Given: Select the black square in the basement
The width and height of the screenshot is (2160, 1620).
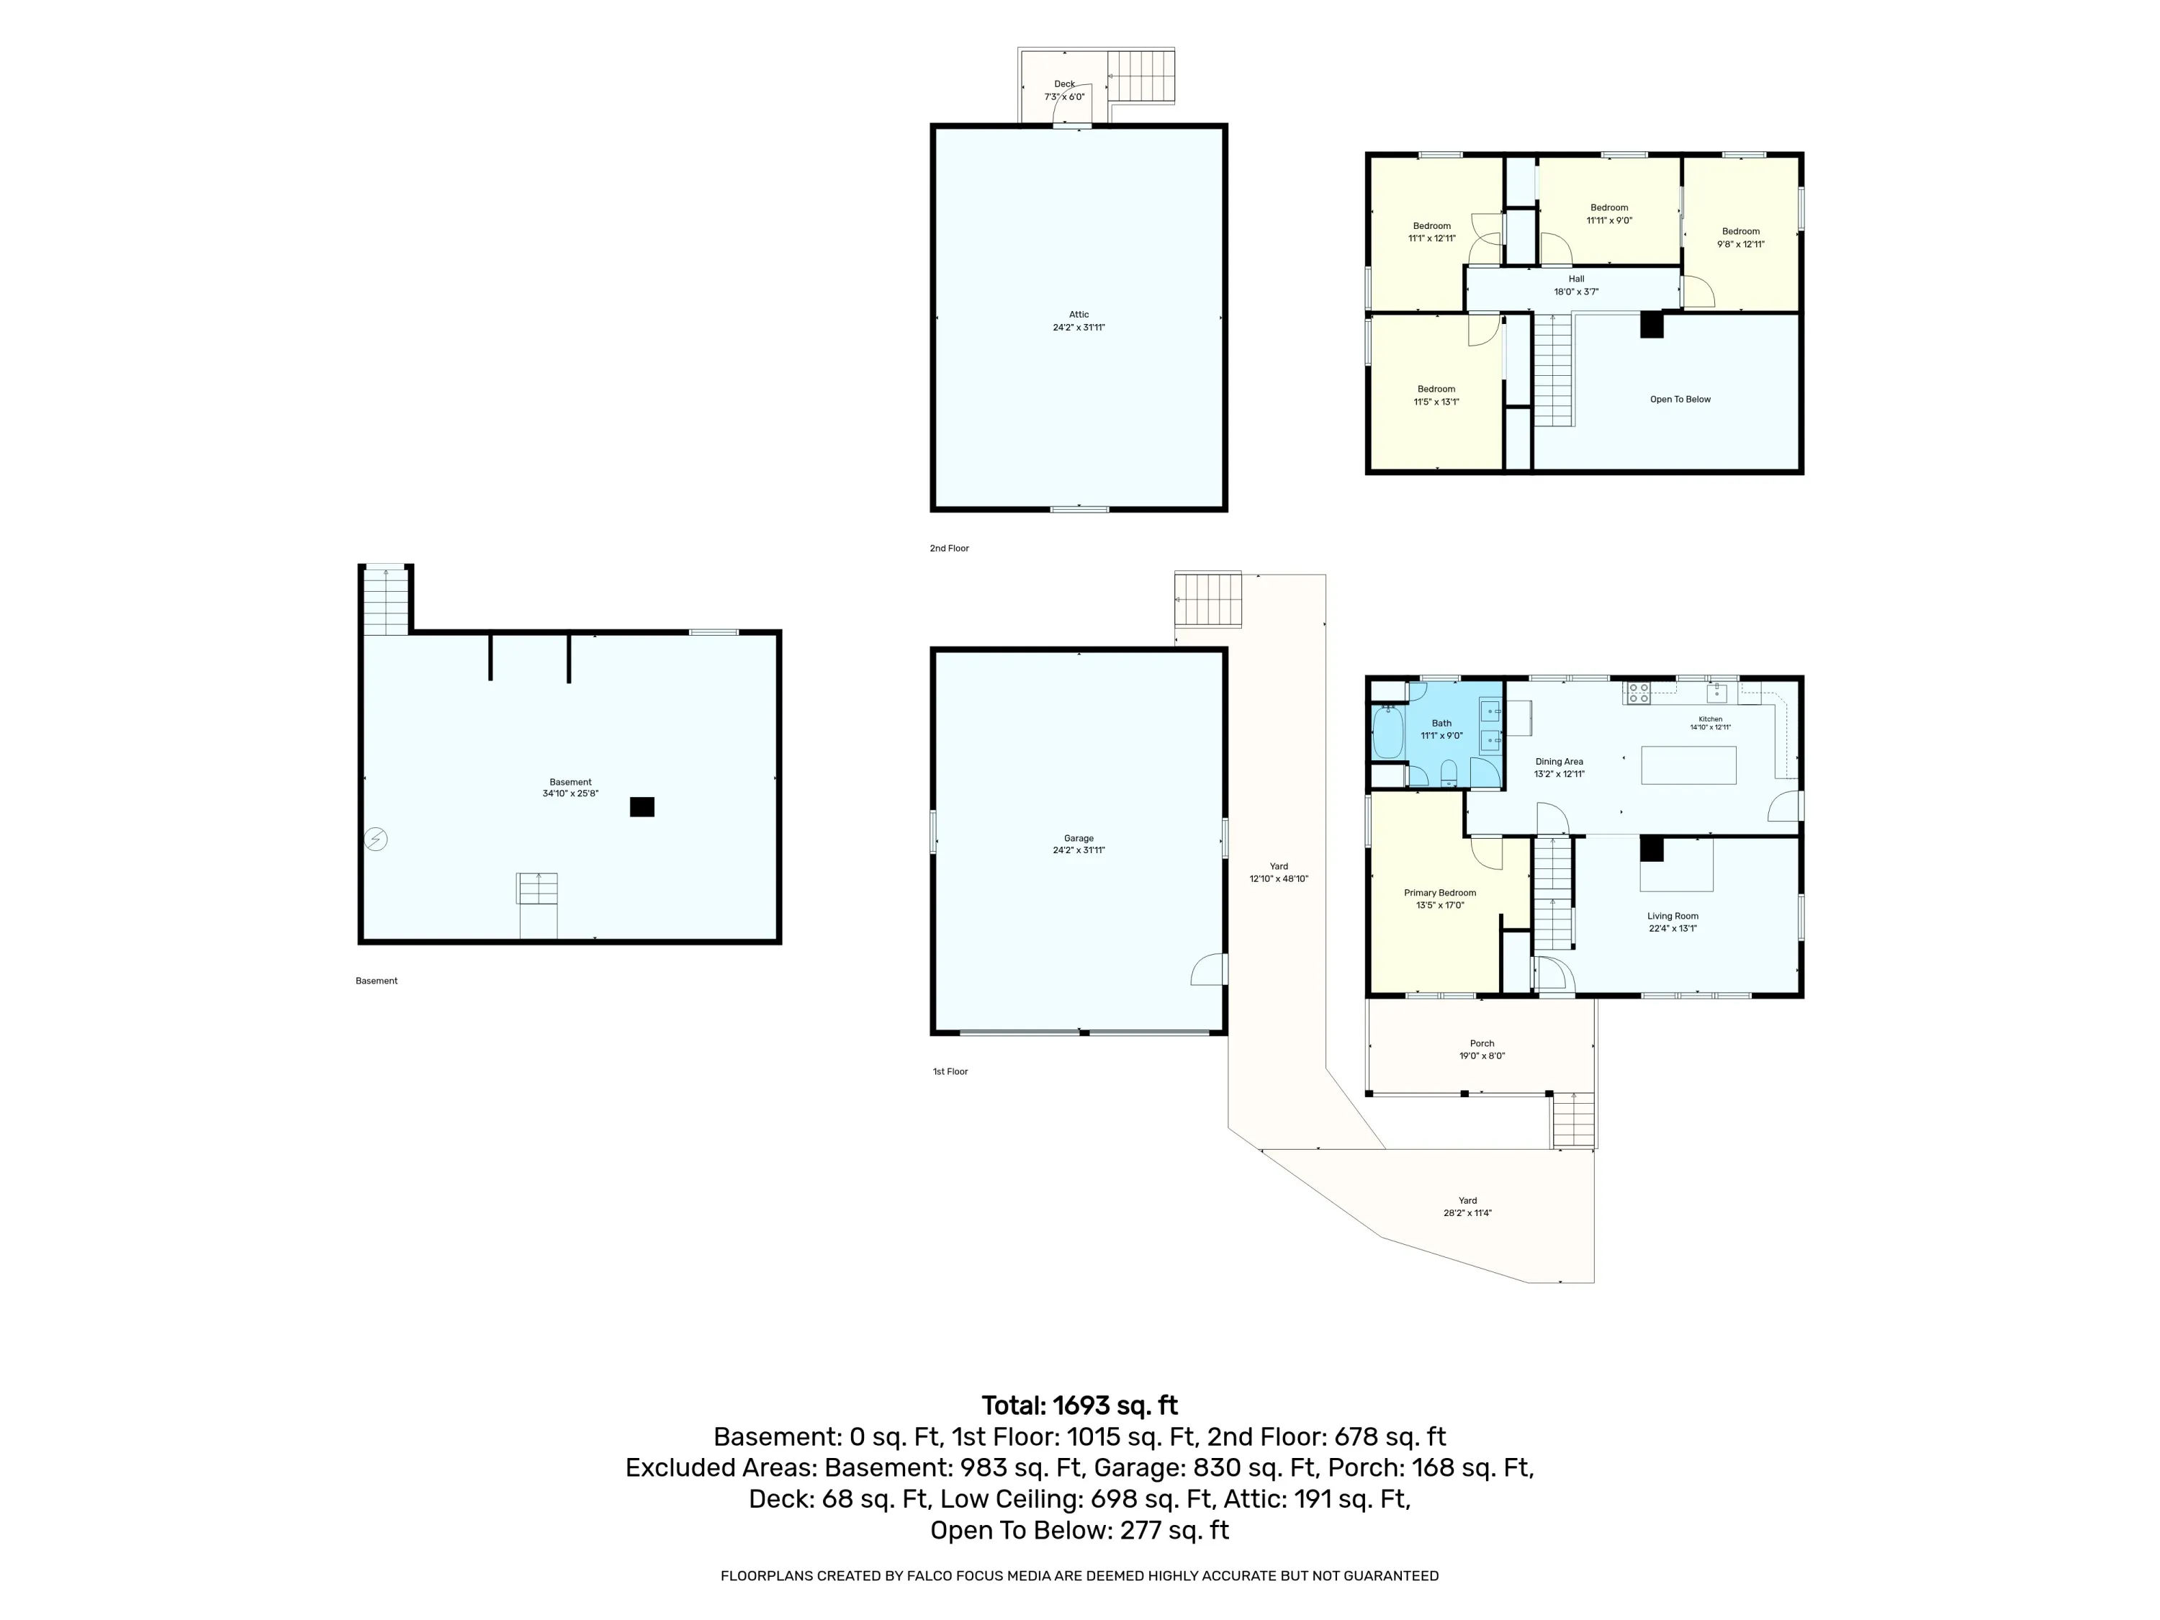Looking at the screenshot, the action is tap(642, 806).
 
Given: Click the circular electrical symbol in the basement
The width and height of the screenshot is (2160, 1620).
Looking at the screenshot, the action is tap(376, 839).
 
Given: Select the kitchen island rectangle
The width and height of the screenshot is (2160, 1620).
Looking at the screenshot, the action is tap(1688, 765).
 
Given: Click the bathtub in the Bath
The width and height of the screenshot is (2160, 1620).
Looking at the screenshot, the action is tap(1387, 734).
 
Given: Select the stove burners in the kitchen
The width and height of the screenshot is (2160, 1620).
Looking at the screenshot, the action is tap(1637, 693).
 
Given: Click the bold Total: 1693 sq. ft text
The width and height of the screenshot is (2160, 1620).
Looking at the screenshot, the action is tap(1079, 1405).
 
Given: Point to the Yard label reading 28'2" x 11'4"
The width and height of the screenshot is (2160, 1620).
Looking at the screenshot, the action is tap(1467, 1207).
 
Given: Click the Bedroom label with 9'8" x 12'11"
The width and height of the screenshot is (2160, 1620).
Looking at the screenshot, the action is tap(1740, 238).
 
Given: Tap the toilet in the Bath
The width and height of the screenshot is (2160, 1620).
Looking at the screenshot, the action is tap(1449, 773).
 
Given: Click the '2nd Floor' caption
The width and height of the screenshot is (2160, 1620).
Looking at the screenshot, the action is tap(949, 549).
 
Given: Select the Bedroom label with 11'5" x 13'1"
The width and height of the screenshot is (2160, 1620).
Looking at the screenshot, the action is tap(1436, 395).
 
